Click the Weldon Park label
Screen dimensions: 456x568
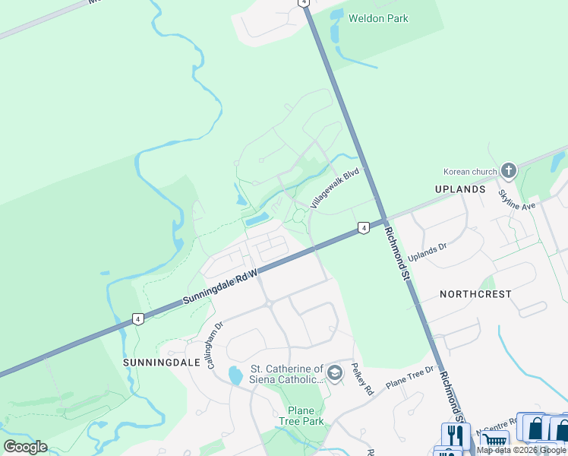tap(378, 18)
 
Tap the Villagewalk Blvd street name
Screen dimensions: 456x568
tap(334, 188)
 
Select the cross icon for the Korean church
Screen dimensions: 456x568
tap(509, 170)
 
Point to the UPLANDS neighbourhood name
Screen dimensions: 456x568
tap(460, 188)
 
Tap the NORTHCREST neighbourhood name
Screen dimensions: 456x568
tap(475, 293)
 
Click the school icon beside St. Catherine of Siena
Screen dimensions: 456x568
tap(336, 373)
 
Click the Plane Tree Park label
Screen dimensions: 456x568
tap(301, 416)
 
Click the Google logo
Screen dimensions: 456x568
tap(25, 447)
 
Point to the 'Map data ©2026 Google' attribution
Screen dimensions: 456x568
tap(522, 451)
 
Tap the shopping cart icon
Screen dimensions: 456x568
tap(495, 439)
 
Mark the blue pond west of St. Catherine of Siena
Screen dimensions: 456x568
tap(235, 375)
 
